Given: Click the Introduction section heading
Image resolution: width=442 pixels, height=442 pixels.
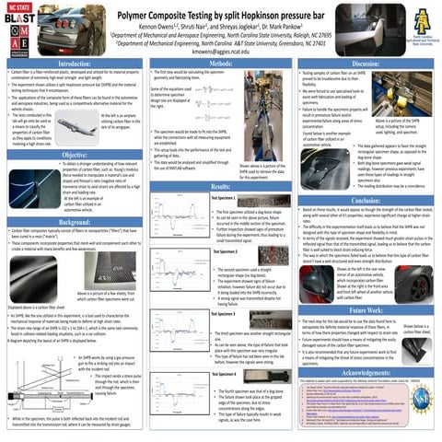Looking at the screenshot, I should (73, 63).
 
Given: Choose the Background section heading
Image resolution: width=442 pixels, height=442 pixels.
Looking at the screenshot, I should (73, 223).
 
